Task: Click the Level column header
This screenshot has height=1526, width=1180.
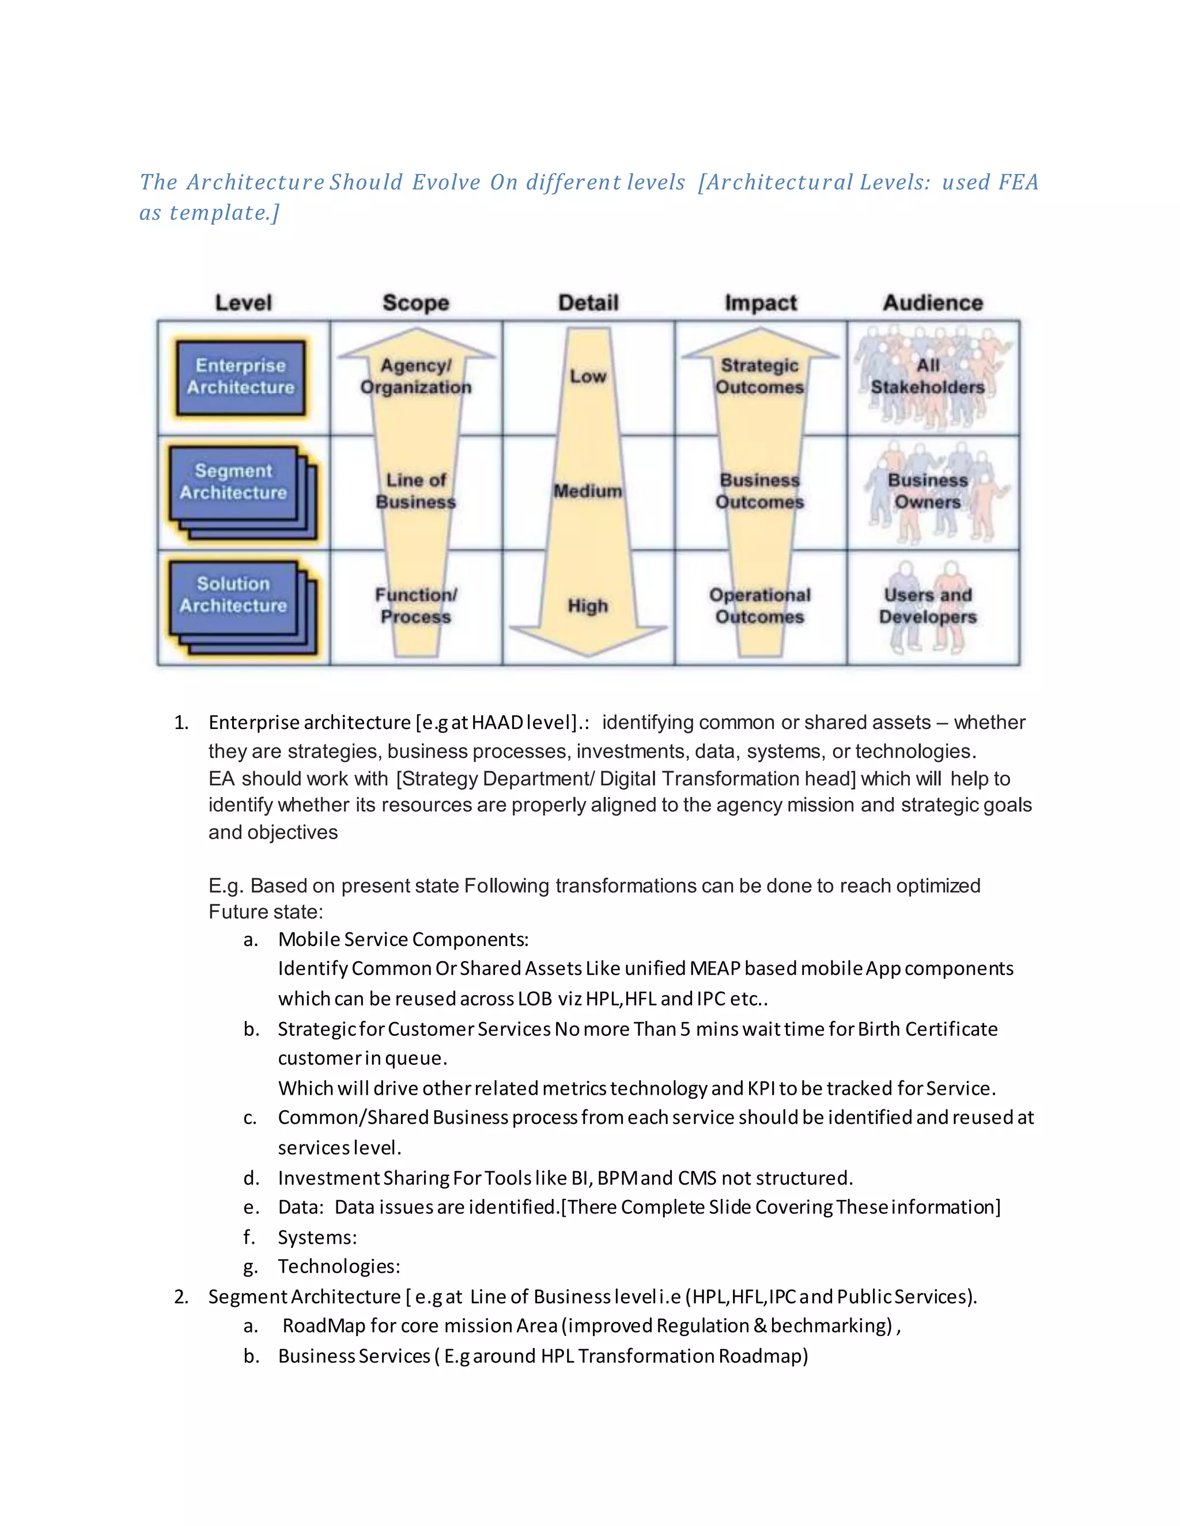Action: [243, 302]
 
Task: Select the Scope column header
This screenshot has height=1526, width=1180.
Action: [416, 302]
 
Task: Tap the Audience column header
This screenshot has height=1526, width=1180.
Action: [933, 302]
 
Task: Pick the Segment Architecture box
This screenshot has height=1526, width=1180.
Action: [233, 482]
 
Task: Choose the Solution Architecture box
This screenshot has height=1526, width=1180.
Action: [233, 595]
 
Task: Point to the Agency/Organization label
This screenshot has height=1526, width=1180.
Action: [416, 377]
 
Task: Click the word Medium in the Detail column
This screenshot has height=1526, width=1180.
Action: [588, 491]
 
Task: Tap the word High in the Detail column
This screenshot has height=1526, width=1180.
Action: [588, 606]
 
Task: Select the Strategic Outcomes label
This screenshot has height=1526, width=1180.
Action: [760, 377]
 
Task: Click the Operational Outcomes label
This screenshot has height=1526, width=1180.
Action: [760, 606]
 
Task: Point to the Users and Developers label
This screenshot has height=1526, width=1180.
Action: [928, 606]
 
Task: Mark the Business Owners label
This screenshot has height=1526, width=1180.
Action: [928, 491]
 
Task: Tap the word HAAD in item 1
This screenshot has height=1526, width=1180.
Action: [497, 723]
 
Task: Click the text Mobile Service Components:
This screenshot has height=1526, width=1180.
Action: [403, 940]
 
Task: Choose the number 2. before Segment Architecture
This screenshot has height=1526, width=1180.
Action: [181, 1297]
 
